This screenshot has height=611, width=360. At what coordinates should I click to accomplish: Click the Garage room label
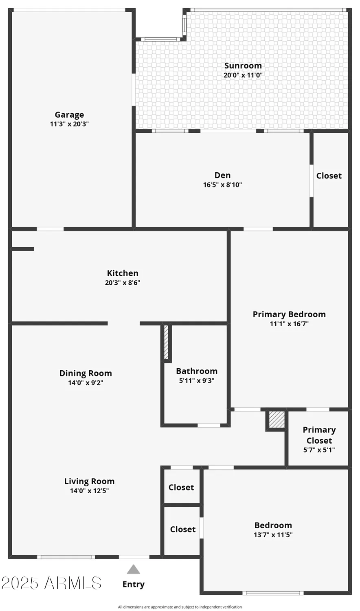tap(69, 115)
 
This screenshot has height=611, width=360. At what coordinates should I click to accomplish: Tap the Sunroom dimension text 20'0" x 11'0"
tap(243, 75)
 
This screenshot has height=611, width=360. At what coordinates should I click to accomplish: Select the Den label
tap(222, 175)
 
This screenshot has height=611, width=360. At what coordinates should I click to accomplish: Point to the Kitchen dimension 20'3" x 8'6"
tap(123, 283)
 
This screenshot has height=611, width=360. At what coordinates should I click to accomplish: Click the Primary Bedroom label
tap(289, 314)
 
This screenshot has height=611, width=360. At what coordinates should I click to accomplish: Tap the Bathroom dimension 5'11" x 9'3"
tap(197, 381)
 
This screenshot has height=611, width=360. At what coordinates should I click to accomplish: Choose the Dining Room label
tap(86, 373)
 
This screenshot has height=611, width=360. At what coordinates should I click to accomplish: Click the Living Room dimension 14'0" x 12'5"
tap(89, 491)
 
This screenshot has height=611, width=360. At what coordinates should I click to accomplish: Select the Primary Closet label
tap(319, 435)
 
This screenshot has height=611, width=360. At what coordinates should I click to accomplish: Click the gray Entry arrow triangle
tap(133, 569)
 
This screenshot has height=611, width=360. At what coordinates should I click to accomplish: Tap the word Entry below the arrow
tap(134, 585)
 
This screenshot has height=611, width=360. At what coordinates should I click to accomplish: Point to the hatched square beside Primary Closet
tap(277, 420)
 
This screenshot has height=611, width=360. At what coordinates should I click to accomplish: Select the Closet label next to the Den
tap(329, 176)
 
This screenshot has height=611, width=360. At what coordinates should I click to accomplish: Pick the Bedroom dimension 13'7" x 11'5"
tap(273, 535)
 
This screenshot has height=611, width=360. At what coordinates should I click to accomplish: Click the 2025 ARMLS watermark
tap(51, 583)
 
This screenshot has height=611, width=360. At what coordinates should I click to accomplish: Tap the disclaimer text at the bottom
tap(180, 607)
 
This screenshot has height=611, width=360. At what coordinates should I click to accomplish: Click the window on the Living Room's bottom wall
tap(66, 557)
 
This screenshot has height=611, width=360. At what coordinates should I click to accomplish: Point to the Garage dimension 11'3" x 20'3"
tap(69, 124)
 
